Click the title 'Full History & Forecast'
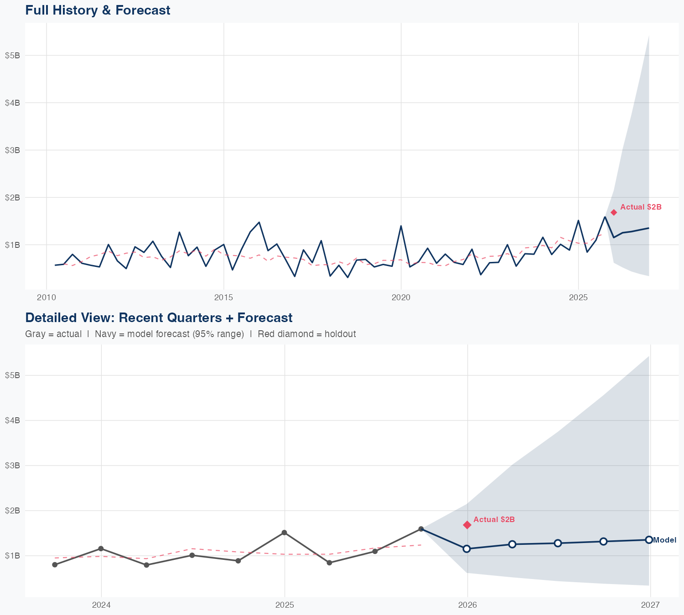(98, 10)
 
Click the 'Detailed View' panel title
(159, 318)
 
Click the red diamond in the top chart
(614, 212)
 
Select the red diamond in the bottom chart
(467, 525)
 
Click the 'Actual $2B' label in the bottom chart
(494, 519)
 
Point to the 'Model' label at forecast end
(664, 540)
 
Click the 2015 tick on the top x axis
(223, 297)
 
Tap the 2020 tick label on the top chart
(401, 297)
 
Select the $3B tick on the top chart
(12, 150)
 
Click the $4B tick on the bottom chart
(12, 420)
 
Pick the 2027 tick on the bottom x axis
(650, 605)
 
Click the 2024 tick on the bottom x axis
(101, 605)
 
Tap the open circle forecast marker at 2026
(466, 548)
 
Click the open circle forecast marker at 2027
(649, 540)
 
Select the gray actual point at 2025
(284, 533)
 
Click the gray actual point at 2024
(101, 548)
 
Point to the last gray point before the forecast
(421, 529)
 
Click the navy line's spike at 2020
(401, 226)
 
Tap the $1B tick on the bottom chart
(12, 556)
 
